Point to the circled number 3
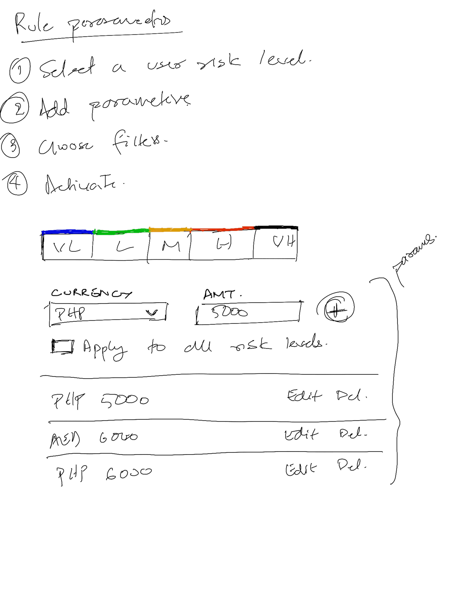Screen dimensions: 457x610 coord(10,145)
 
